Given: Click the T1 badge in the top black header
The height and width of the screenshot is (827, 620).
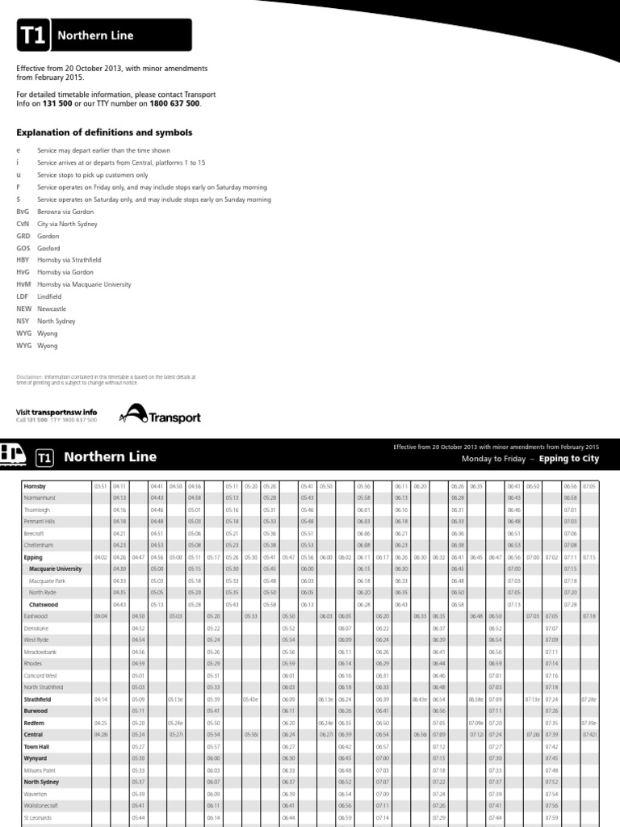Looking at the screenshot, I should [33, 36].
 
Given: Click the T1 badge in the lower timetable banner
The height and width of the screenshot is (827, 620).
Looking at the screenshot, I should [45, 458].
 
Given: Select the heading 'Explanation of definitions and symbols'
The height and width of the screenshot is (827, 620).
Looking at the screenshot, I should [104, 132].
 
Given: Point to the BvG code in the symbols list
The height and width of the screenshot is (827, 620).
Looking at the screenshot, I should [23, 211].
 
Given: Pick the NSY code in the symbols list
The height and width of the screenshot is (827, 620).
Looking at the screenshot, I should [23, 321].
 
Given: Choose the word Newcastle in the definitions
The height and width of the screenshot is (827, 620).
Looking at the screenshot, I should [52, 309].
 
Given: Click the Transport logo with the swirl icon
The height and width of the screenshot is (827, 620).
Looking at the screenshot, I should [160, 416].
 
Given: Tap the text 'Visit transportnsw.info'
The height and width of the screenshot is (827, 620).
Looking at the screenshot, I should [57, 412].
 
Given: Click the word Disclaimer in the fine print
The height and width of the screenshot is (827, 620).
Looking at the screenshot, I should [30, 376].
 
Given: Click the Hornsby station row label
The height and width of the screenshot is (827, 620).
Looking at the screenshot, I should [36, 486].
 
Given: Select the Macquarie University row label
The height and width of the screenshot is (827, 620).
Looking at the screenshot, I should [56, 569].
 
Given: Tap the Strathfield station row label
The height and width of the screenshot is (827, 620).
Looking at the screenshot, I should [38, 699].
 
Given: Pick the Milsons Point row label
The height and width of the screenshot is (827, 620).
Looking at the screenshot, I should [41, 770].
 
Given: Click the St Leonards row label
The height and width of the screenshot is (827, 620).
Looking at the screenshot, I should [37, 818].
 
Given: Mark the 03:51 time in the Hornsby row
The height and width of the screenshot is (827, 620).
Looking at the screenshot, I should [100, 486].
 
